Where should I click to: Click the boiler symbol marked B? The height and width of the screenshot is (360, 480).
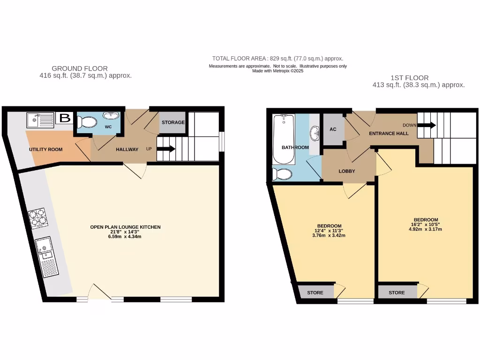[x=65, y=118]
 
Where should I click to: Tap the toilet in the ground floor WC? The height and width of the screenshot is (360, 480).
[x=87, y=122]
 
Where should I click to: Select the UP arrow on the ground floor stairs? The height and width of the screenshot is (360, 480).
[x=166, y=149]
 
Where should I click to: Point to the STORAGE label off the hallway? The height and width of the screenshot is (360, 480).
[x=173, y=122]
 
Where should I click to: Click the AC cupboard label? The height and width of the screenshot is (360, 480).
[x=333, y=129]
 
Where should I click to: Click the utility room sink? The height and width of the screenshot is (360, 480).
[x=39, y=120]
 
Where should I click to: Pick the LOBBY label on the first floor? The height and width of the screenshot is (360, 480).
[x=347, y=171]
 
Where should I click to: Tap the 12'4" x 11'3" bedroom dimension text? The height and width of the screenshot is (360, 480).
[x=329, y=231]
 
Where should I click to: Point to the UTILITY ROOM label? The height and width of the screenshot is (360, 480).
[x=45, y=150]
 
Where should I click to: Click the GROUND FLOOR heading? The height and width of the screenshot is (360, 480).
[x=80, y=68]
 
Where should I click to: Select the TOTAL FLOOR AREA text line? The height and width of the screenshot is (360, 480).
[x=277, y=59]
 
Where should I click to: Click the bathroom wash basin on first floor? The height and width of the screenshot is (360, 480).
[x=315, y=134]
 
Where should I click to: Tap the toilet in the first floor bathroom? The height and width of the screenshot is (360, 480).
[x=283, y=174]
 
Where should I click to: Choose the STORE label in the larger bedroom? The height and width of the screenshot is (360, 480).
[x=397, y=292]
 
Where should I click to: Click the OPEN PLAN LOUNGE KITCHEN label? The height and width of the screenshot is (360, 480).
[x=125, y=227]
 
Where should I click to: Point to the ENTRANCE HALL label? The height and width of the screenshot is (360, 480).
[x=389, y=134]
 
